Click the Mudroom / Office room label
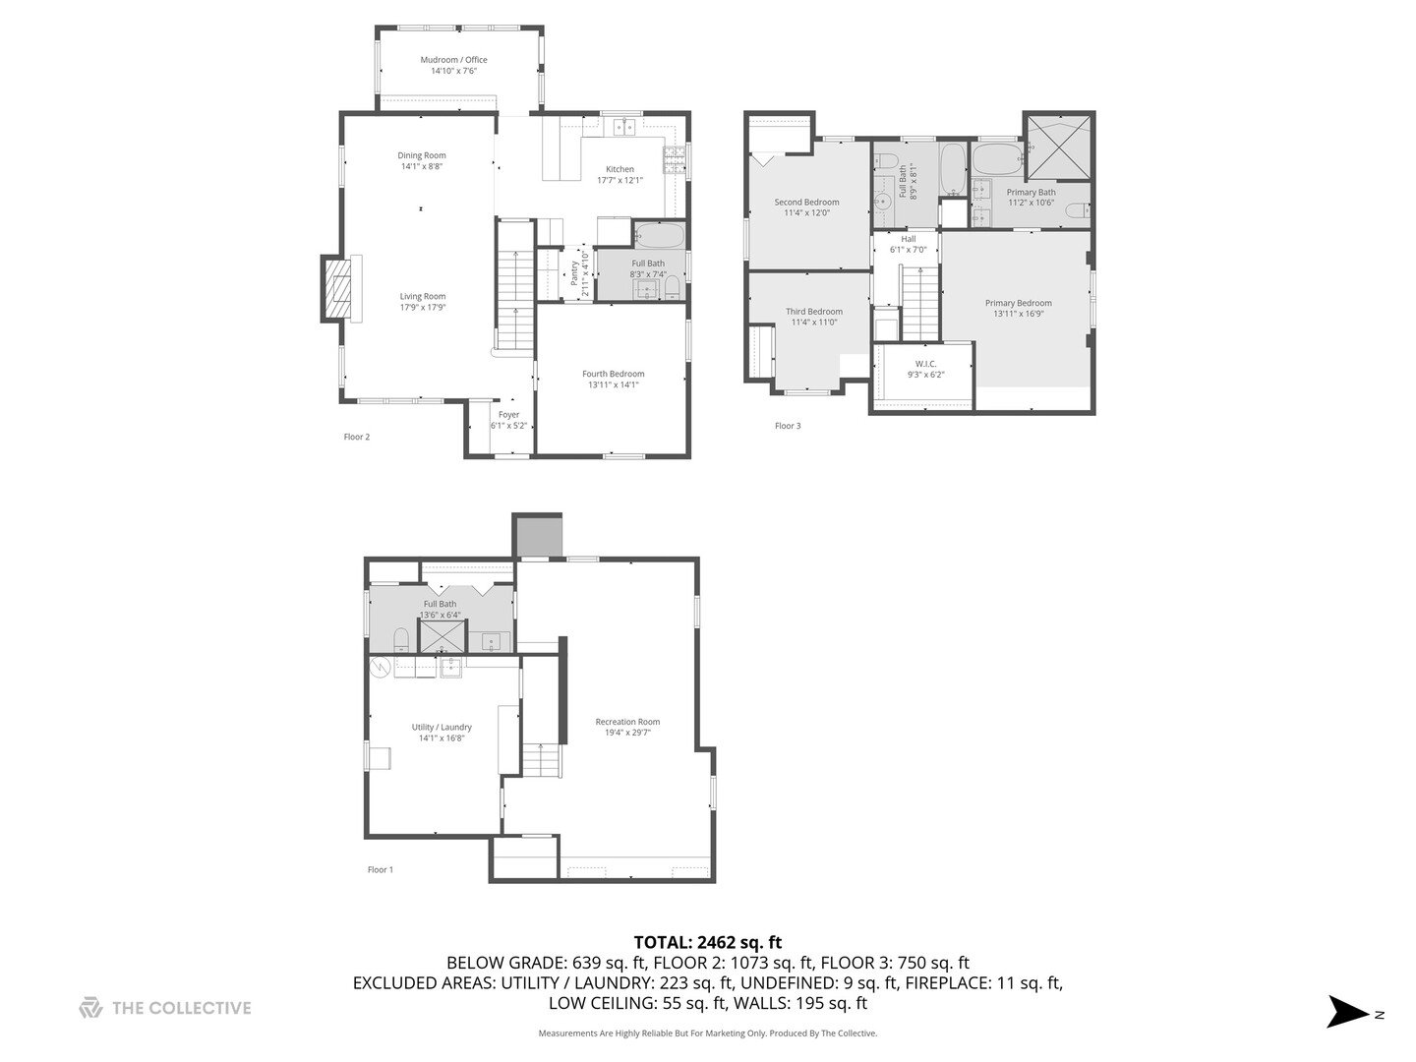453,60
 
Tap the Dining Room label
422,155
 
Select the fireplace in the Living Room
337,288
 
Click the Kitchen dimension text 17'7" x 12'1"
619,180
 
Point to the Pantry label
574,274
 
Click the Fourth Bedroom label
613,374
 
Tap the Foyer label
508,415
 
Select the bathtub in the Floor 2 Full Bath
659,236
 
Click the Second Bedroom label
806,203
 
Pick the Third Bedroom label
813,312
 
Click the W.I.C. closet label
925,364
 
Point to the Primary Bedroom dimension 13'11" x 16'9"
1019,314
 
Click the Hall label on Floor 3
909,239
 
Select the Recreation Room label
627,722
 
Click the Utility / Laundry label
442,728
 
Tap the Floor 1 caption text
380,869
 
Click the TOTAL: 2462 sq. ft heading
707,942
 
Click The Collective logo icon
90,1008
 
